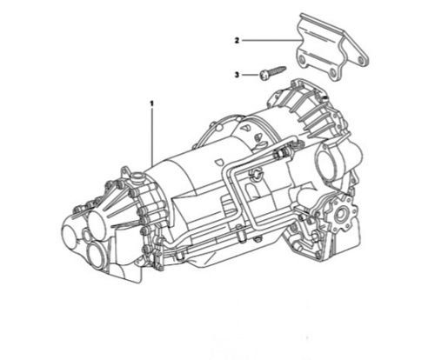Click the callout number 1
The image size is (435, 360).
[151, 103]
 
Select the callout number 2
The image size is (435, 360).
[237, 41]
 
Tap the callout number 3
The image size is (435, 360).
[237, 75]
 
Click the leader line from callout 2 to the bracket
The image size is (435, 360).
[271, 41]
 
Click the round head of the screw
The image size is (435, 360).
[264, 76]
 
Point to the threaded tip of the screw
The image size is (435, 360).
[284, 69]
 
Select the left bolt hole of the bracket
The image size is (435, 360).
[302, 60]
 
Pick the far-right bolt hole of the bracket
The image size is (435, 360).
[361, 60]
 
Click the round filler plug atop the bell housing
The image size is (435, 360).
[137, 177]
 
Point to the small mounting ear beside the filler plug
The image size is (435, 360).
[125, 171]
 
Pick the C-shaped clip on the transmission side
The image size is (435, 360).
[258, 173]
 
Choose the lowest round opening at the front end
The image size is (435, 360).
[97, 255]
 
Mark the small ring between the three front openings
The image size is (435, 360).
[85, 235]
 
